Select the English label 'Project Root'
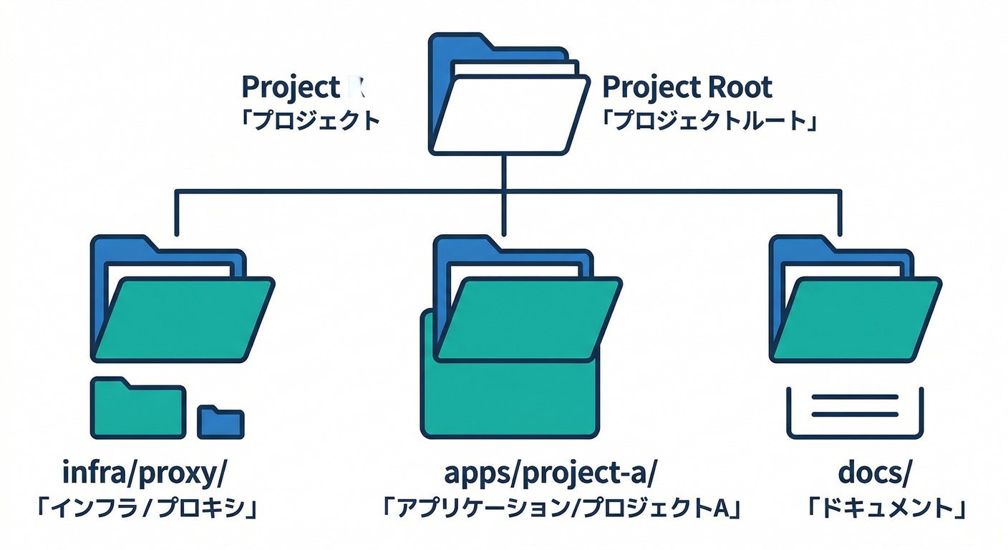687,87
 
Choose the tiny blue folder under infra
220,422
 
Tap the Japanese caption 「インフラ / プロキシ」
147,508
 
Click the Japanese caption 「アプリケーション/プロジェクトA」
561,508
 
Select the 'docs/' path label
876,474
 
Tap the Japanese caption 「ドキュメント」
888,508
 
